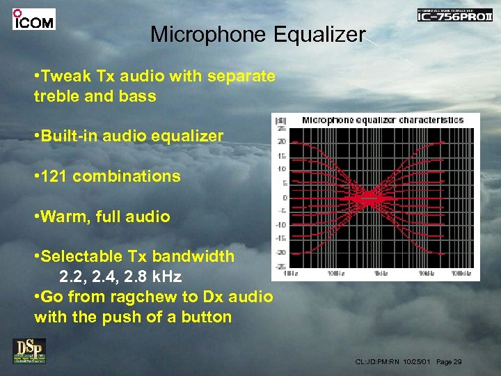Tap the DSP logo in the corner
coord(29,350)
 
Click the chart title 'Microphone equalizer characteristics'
coord(382,120)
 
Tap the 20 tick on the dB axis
coord(281,141)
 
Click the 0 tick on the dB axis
coord(283,197)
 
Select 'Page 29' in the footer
coord(449,362)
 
